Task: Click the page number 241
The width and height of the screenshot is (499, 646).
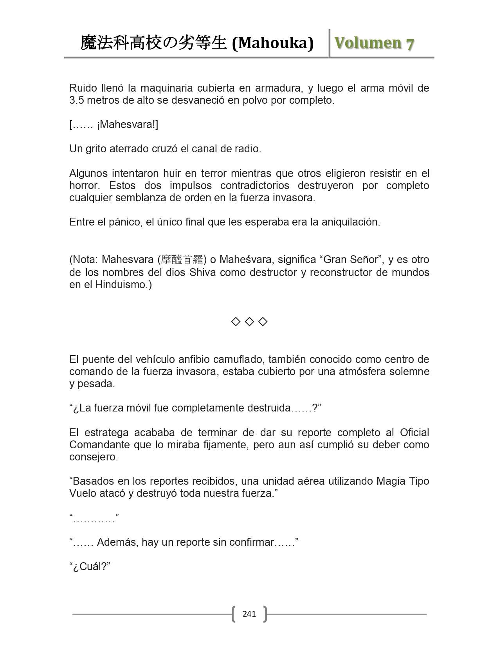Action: tap(249, 614)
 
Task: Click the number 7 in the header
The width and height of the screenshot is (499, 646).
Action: tap(410, 43)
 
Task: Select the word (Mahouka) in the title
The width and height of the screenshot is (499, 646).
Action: tap(273, 43)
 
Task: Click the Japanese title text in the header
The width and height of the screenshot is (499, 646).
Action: tap(153, 43)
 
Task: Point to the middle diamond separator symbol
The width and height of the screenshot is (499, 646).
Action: tap(249, 322)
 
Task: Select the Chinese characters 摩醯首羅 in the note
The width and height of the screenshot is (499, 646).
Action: tap(182, 260)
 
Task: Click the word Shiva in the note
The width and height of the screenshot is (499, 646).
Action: tap(202, 272)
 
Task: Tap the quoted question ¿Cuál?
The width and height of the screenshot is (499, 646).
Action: tap(90, 567)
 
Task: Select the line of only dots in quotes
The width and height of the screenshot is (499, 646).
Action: tap(94, 518)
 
